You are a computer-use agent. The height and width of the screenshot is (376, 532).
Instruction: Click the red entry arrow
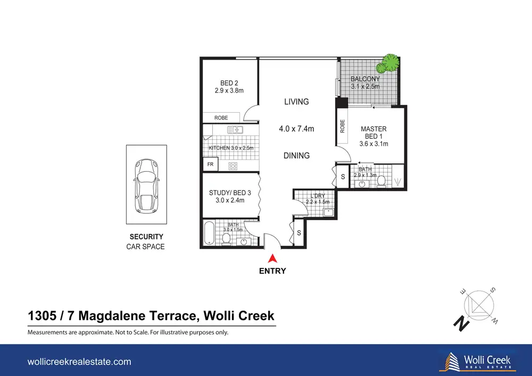(x=272, y=259)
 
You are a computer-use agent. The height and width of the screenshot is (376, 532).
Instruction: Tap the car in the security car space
(x=146, y=186)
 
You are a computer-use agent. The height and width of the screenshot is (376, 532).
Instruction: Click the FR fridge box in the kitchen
(x=210, y=164)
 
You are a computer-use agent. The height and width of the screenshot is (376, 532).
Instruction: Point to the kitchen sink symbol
(x=235, y=130)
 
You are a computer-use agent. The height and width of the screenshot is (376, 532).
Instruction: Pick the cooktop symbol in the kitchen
(x=233, y=166)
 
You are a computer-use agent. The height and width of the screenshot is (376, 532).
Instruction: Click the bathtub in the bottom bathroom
(x=209, y=232)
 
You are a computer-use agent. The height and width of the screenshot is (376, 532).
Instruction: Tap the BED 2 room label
(x=229, y=87)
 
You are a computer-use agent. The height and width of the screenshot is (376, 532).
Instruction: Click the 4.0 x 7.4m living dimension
(x=296, y=129)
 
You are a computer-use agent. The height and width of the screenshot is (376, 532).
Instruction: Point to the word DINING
(x=296, y=156)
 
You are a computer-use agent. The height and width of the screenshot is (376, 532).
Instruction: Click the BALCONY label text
(x=365, y=79)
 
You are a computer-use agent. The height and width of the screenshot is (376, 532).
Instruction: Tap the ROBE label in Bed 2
(x=221, y=118)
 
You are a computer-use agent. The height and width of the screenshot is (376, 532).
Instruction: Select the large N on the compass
(x=461, y=323)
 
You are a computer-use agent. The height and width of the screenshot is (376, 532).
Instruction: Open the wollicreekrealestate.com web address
(x=79, y=362)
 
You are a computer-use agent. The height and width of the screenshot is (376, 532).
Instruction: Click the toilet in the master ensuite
(x=381, y=181)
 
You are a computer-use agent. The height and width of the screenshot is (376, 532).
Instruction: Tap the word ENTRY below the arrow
(x=272, y=271)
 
